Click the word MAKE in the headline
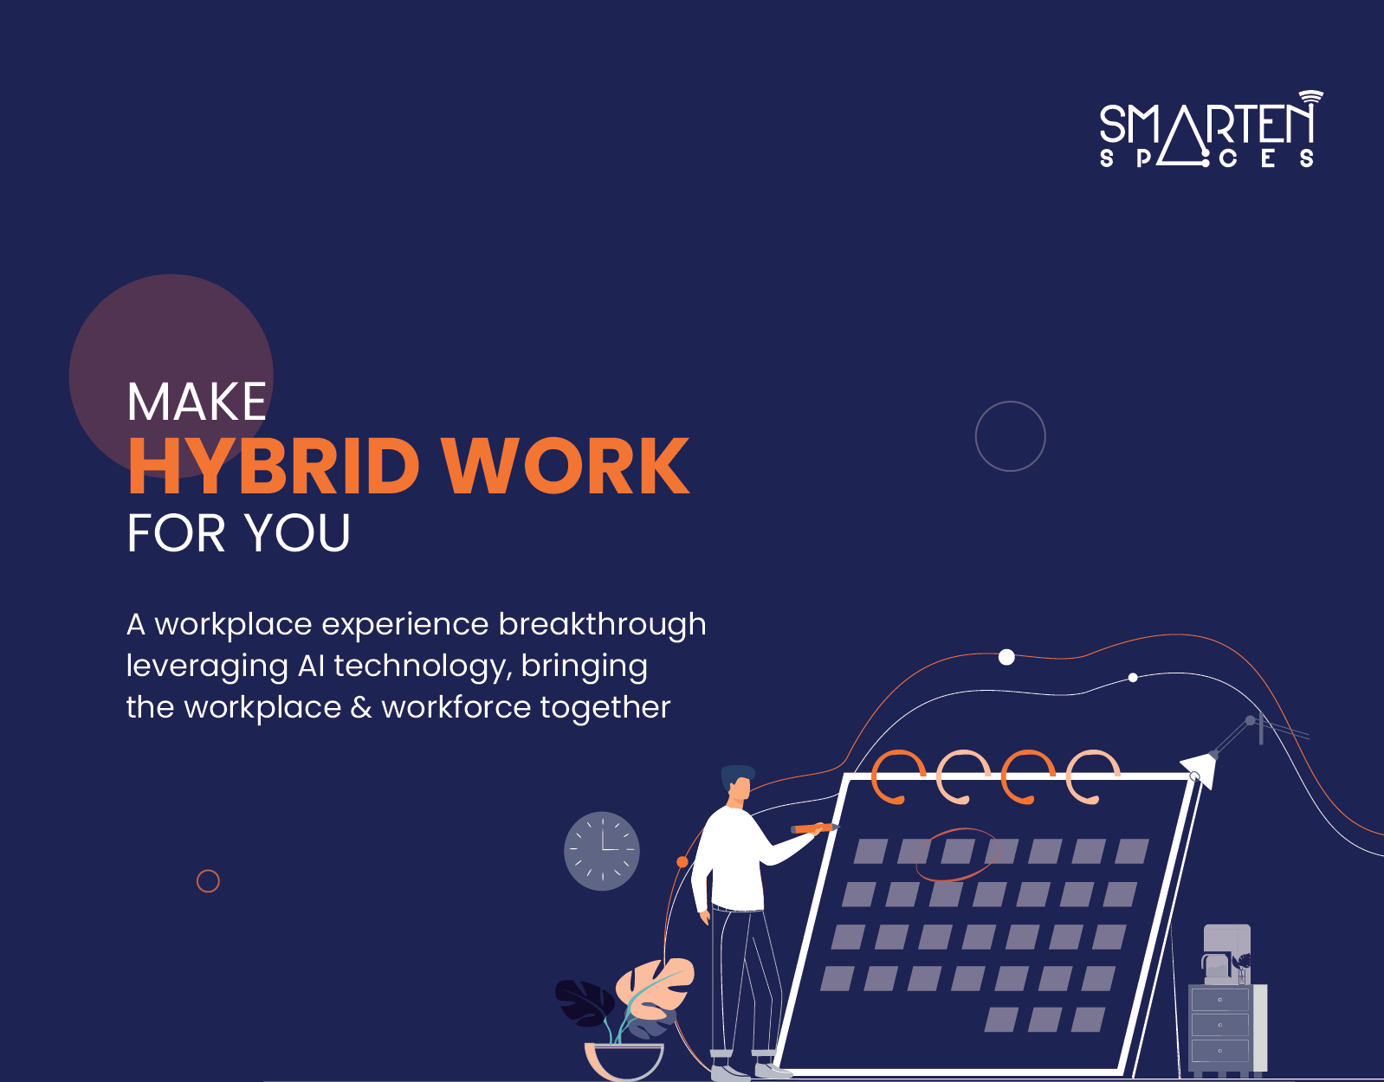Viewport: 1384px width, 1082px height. click(197, 402)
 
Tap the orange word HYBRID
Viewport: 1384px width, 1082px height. click(274, 466)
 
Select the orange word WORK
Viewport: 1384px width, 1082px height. click(566, 466)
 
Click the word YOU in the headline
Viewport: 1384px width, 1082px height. click(297, 532)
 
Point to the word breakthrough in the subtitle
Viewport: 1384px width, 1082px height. click(603, 624)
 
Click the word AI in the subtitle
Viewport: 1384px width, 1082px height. click(311, 666)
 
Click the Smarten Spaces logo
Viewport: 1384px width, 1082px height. click(1210, 131)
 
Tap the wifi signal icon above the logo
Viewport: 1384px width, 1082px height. click(1311, 97)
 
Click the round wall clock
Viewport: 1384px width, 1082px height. click(602, 851)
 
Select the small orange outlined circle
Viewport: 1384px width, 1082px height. click(208, 881)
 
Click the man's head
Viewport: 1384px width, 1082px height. click(739, 783)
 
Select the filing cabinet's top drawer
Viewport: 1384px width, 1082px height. click(1219, 1000)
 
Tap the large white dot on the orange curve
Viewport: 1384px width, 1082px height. click(1006, 657)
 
